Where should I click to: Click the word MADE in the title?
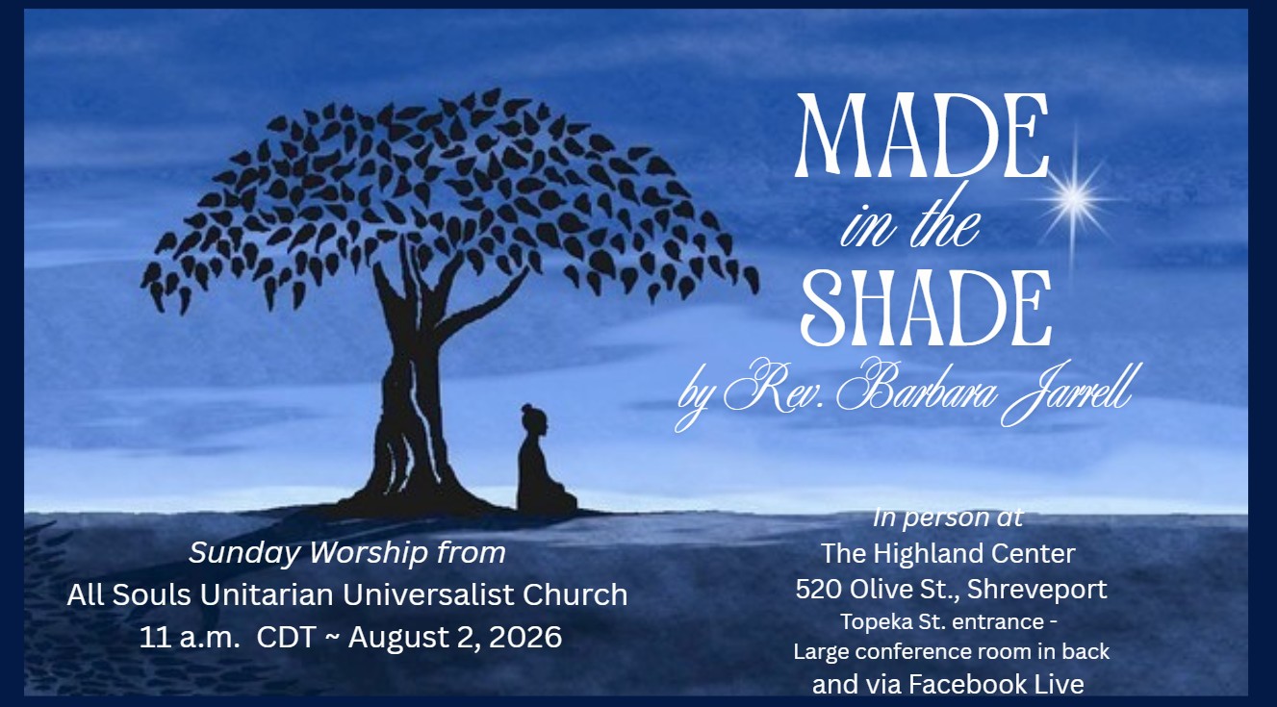923,136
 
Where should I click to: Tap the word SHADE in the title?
927,308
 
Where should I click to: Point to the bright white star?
1074,199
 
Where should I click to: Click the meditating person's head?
535,420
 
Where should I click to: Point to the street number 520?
819,590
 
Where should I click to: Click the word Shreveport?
1037,591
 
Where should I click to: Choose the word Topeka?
869,622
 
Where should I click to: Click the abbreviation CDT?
286,638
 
